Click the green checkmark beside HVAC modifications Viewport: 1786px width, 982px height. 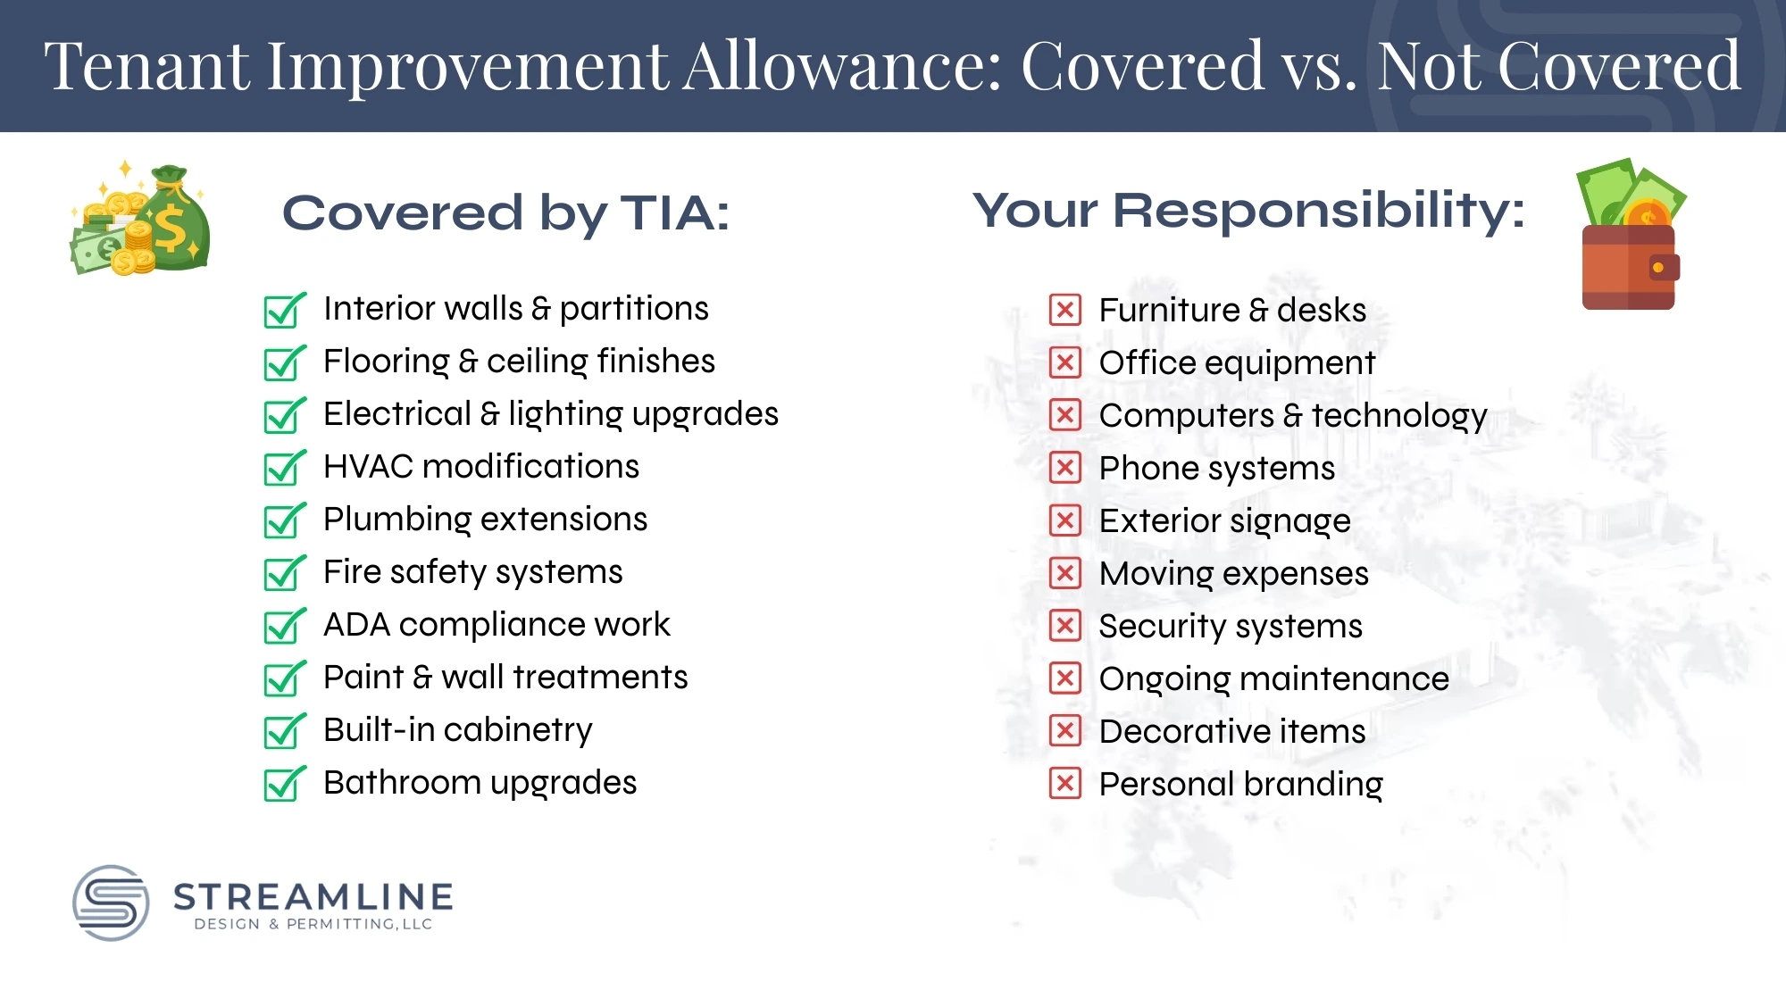[284, 468]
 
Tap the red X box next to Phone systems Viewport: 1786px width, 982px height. [1064, 468]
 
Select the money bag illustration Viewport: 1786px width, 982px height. [141, 220]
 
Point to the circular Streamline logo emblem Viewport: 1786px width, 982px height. [111, 903]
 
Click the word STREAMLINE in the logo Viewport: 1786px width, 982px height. [313, 896]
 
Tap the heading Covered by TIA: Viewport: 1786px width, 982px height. [505, 213]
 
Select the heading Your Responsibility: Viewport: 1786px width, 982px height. [1248, 211]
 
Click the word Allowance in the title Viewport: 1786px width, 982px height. [842, 66]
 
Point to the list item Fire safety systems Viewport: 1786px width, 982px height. [472, 572]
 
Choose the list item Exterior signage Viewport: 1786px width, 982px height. [1224, 521]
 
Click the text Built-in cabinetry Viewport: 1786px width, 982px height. [457, 730]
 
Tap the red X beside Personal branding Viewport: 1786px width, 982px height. [1064, 784]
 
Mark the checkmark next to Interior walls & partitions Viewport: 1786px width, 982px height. [284, 310]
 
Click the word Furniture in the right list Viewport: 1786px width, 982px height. [1169, 311]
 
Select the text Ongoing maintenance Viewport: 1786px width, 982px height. [1273, 679]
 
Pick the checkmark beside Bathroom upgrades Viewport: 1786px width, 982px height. [284, 784]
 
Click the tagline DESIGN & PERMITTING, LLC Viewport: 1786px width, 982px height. [313, 924]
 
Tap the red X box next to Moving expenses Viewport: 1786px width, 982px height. [1064, 573]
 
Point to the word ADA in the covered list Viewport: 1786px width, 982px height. [356, 625]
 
